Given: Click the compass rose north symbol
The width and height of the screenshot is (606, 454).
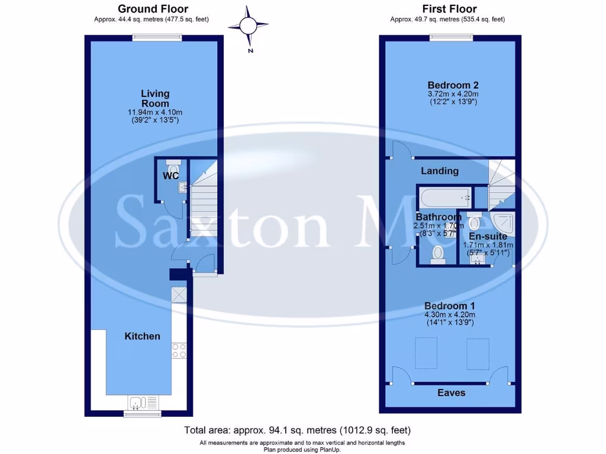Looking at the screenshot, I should (x=249, y=26).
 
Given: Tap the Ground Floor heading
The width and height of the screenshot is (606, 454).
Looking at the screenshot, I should (x=153, y=9).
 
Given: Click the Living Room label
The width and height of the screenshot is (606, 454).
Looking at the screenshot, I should (x=155, y=98).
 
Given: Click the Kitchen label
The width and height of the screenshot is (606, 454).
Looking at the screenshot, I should (x=142, y=336).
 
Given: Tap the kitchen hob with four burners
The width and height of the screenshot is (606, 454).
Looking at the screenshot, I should (x=179, y=351).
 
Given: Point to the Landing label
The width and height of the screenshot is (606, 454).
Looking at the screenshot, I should (x=439, y=171).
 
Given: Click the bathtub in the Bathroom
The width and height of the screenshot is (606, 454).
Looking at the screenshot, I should (x=444, y=195).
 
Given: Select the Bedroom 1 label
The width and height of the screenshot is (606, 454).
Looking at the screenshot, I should (x=449, y=306).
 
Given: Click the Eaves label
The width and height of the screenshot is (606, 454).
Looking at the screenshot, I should (x=451, y=393).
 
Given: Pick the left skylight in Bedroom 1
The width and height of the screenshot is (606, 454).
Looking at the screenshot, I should (x=424, y=353).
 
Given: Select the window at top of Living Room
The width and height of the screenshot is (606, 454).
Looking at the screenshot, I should (x=157, y=38).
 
